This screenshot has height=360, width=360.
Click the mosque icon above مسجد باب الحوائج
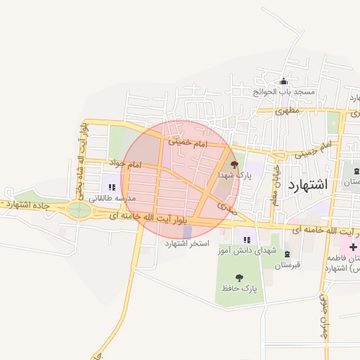pyautogui.click(x=284, y=82)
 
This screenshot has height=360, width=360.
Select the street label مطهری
pyautogui.click(x=288, y=110)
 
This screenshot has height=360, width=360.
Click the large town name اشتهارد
pyautogui.click(x=309, y=184)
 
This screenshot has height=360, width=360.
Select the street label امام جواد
pyautogui.click(x=125, y=164)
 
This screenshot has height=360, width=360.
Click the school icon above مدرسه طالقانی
pyautogui.click(x=112, y=187)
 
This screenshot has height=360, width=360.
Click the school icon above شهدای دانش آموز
pyautogui.click(x=247, y=240)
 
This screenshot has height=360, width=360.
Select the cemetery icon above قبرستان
pyautogui.click(x=287, y=254)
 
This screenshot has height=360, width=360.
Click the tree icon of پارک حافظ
pyautogui.click(x=240, y=277)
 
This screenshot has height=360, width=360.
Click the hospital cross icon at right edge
pyautogui.click(x=353, y=247)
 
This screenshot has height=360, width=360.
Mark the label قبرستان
pyautogui.click(x=287, y=265)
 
